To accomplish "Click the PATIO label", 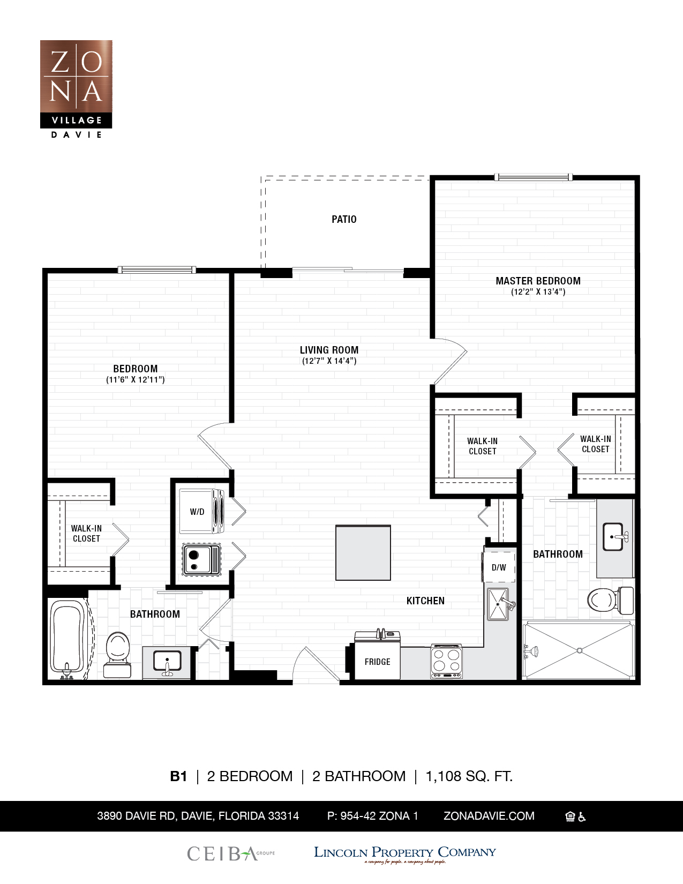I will click(x=344, y=219).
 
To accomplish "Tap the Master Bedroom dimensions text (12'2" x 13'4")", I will click(x=538, y=292).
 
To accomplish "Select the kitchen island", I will click(x=363, y=553).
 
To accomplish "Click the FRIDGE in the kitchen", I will click(x=377, y=662).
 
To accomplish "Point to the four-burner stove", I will click(x=446, y=661).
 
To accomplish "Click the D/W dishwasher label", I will click(x=499, y=567).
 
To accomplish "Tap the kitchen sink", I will click(x=498, y=604).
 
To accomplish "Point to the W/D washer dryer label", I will click(x=197, y=512).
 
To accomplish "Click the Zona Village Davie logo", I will click(x=76, y=88).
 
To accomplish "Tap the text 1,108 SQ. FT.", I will click(x=469, y=776).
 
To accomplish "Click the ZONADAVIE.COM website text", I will click(x=489, y=816).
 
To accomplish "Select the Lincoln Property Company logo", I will click(x=404, y=853).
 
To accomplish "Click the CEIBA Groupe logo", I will click(x=230, y=853).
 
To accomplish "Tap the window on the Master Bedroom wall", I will click(x=533, y=177).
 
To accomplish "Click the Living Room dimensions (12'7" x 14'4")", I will click(x=329, y=361).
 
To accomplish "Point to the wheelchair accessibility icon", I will click(x=582, y=816).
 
